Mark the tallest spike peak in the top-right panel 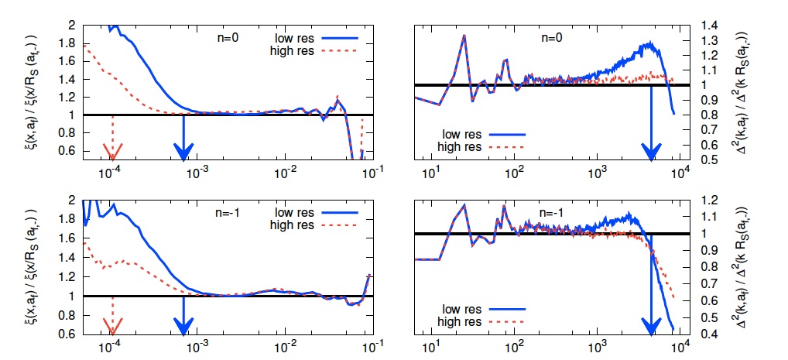pyautogui.click(x=464, y=35)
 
